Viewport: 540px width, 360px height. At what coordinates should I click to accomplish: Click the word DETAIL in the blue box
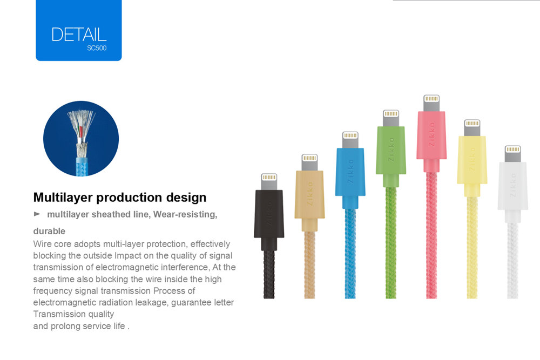(x=79, y=35)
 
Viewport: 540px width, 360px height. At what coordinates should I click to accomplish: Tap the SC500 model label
(x=97, y=48)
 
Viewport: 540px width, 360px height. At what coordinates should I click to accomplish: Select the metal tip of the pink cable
(x=431, y=103)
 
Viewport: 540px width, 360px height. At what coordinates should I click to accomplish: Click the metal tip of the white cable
(x=513, y=154)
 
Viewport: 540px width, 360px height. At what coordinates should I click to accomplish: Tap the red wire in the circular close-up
(x=81, y=131)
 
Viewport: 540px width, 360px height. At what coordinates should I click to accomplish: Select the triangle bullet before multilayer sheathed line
(x=37, y=214)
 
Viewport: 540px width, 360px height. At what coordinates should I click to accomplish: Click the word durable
(x=49, y=231)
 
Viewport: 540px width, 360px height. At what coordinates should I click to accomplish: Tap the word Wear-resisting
(x=185, y=214)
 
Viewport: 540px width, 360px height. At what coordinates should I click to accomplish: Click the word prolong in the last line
(x=65, y=326)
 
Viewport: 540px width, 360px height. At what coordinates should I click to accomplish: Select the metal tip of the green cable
(x=391, y=118)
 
